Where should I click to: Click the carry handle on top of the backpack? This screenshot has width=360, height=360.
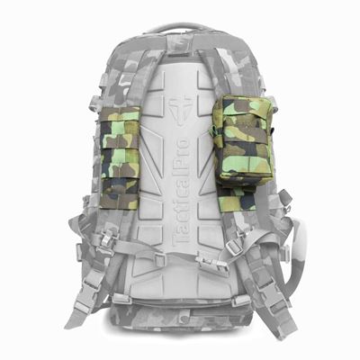[x=180, y=29]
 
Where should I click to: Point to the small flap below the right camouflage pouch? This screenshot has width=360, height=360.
[x=237, y=200]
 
